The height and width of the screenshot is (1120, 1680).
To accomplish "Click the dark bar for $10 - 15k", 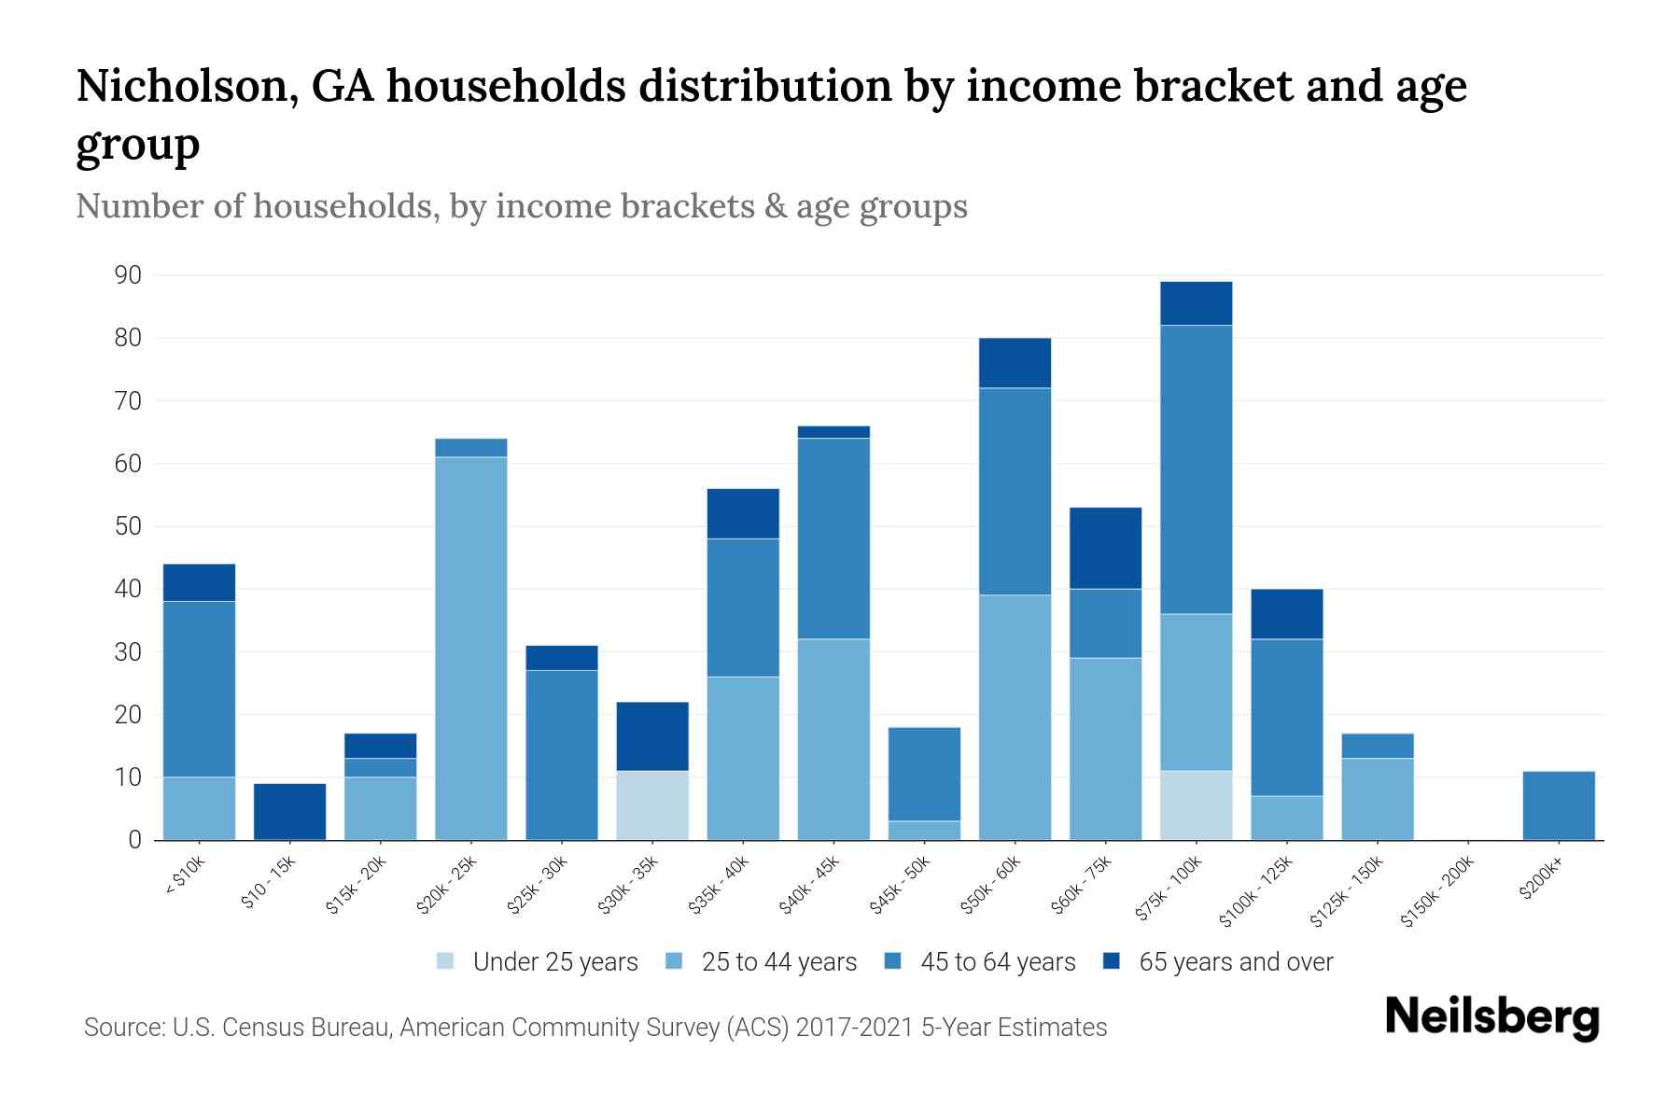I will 289,811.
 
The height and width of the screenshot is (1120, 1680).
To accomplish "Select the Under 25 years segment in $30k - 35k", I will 652,805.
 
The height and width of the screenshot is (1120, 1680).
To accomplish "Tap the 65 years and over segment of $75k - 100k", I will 1196,303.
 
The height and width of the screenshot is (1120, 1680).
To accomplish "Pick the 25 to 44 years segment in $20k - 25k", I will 471,649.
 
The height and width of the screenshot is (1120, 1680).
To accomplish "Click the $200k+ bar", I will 1558,805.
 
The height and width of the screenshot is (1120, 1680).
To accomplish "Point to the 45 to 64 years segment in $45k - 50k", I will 924,774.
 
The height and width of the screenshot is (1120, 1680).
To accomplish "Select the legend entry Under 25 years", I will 555,961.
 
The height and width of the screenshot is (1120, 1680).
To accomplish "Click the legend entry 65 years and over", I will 1236,961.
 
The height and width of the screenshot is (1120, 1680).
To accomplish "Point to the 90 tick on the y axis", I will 128,275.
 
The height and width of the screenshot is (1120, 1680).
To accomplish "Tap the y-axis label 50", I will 128,526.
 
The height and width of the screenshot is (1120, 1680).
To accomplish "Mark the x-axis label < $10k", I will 184,878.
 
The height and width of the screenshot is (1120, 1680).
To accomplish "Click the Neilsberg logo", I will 1491,1017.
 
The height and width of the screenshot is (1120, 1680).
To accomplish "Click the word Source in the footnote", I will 122,1028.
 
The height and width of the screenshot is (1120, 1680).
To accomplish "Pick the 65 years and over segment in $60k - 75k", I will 1105,548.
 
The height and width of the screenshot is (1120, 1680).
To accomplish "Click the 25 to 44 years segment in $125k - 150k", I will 1377,799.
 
